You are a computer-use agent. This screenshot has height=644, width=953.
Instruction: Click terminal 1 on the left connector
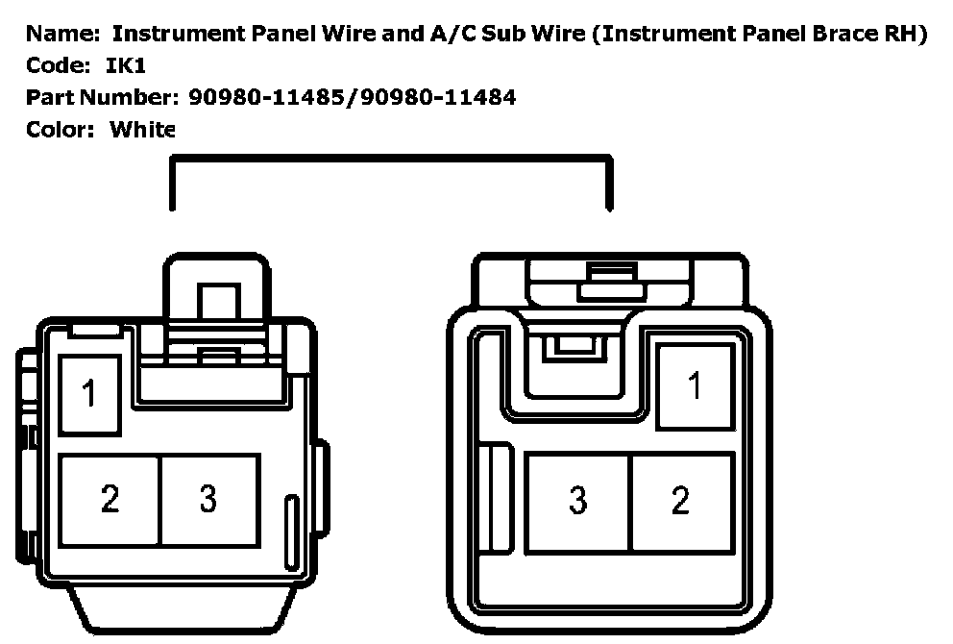91,393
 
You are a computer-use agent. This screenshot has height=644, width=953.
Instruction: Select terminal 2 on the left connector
110,499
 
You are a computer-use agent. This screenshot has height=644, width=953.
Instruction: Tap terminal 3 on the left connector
208,499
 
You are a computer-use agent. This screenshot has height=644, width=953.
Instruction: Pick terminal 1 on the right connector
695,386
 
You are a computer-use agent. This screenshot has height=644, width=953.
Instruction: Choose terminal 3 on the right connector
577,500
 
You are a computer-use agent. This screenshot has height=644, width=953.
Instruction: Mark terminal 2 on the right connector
681,500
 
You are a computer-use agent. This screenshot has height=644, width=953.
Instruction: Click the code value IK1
125,67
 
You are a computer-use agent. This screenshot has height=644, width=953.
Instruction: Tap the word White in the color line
142,128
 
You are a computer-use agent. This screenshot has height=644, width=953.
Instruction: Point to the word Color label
61,128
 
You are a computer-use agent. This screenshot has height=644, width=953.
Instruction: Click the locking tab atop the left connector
216,288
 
